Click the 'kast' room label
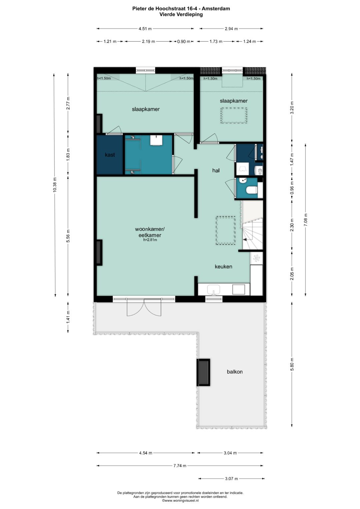(x=110, y=155)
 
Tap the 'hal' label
(x=216, y=170)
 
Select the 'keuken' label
(x=223, y=266)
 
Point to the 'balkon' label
(x=235, y=372)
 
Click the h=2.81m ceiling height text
(x=150, y=240)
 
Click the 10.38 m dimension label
(x=55, y=185)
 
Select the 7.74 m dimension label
(x=180, y=466)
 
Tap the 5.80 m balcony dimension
(x=292, y=364)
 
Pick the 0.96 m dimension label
(x=292, y=187)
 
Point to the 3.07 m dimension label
(x=231, y=479)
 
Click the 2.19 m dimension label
(x=148, y=41)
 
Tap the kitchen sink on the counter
(x=213, y=289)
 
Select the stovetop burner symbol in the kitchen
(x=256, y=258)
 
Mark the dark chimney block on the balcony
(x=203, y=372)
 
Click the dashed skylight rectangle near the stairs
(x=225, y=230)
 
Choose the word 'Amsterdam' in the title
(x=216, y=9)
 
